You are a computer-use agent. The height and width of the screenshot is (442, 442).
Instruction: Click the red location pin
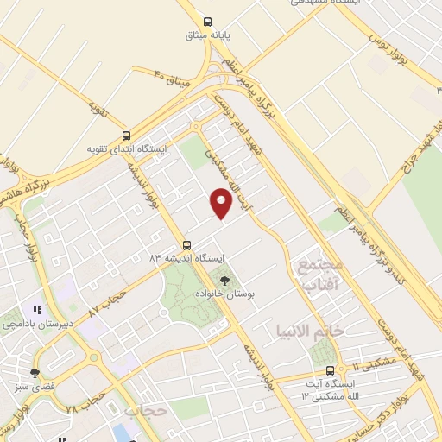[222, 202]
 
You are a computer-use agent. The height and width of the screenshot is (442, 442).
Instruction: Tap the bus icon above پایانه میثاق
[206, 22]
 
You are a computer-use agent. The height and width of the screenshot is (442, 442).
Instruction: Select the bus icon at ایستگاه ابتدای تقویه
[127, 136]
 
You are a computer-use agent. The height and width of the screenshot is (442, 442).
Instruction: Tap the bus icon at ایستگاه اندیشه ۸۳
[187, 245]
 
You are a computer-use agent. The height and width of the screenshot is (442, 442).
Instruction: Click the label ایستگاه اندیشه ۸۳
[187, 258]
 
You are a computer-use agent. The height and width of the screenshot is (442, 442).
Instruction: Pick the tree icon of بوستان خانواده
[225, 281]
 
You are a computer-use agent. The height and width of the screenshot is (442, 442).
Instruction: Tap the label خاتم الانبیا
[309, 331]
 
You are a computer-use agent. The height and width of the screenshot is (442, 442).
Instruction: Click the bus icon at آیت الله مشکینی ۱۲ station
[342, 369]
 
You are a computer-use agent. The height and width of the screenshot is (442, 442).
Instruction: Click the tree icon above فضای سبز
[35, 373]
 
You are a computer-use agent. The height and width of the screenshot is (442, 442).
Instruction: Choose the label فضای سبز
[35, 386]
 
